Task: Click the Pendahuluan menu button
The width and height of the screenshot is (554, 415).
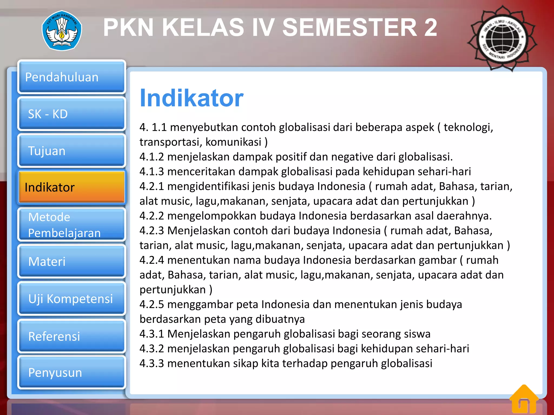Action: tap(72, 77)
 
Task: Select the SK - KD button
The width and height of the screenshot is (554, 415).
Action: tap(72, 114)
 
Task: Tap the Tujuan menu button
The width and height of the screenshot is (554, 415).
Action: tap(72, 151)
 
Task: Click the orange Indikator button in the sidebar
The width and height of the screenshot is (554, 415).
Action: tap(72, 187)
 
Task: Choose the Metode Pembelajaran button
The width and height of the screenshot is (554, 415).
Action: tap(72, 225)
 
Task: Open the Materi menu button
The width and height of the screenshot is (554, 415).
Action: tap(72, 261)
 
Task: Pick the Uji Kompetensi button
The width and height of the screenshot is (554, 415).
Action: tap(72, 299)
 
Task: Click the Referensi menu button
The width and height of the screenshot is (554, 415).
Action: tap(72, 336)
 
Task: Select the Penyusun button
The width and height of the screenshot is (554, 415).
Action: tap(72, 372)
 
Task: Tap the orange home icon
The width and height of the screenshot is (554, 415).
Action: tap(524, 400)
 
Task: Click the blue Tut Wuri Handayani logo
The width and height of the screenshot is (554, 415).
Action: tap(62, 31)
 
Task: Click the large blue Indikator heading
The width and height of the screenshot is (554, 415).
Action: tap(192, 98)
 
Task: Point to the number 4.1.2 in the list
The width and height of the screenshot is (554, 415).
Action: tap(152, 157)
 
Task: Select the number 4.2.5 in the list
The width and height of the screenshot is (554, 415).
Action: tap(152, 304)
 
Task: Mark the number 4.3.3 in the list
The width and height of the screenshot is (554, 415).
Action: tap(152, 363)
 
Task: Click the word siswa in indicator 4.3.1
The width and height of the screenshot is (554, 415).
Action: tap(417, 334)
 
